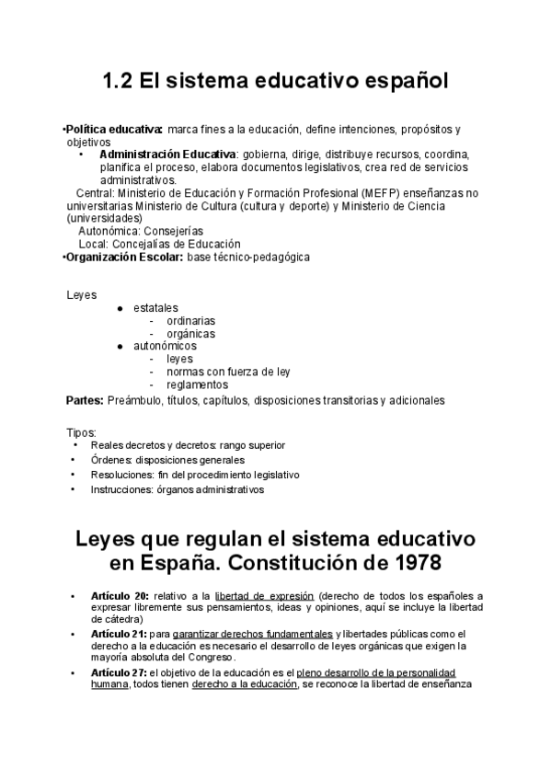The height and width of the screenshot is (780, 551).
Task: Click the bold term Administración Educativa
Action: coord(166,155)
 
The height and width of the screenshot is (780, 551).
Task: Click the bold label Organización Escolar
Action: coord(124,258)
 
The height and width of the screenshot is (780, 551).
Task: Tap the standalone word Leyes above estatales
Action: coord(81,294)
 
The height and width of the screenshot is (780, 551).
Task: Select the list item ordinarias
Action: coord(191,321)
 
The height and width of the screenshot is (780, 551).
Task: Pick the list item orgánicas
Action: coord(190,334)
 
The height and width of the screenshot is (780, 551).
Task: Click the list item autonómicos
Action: coord(165,346)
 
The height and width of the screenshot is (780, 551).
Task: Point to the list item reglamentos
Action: coord(197,385)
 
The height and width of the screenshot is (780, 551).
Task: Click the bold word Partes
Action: coord(84,400)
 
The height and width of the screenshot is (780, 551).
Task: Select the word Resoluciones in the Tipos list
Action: coord(121,475)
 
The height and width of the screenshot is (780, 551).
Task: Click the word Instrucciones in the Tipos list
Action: coord(121,489)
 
